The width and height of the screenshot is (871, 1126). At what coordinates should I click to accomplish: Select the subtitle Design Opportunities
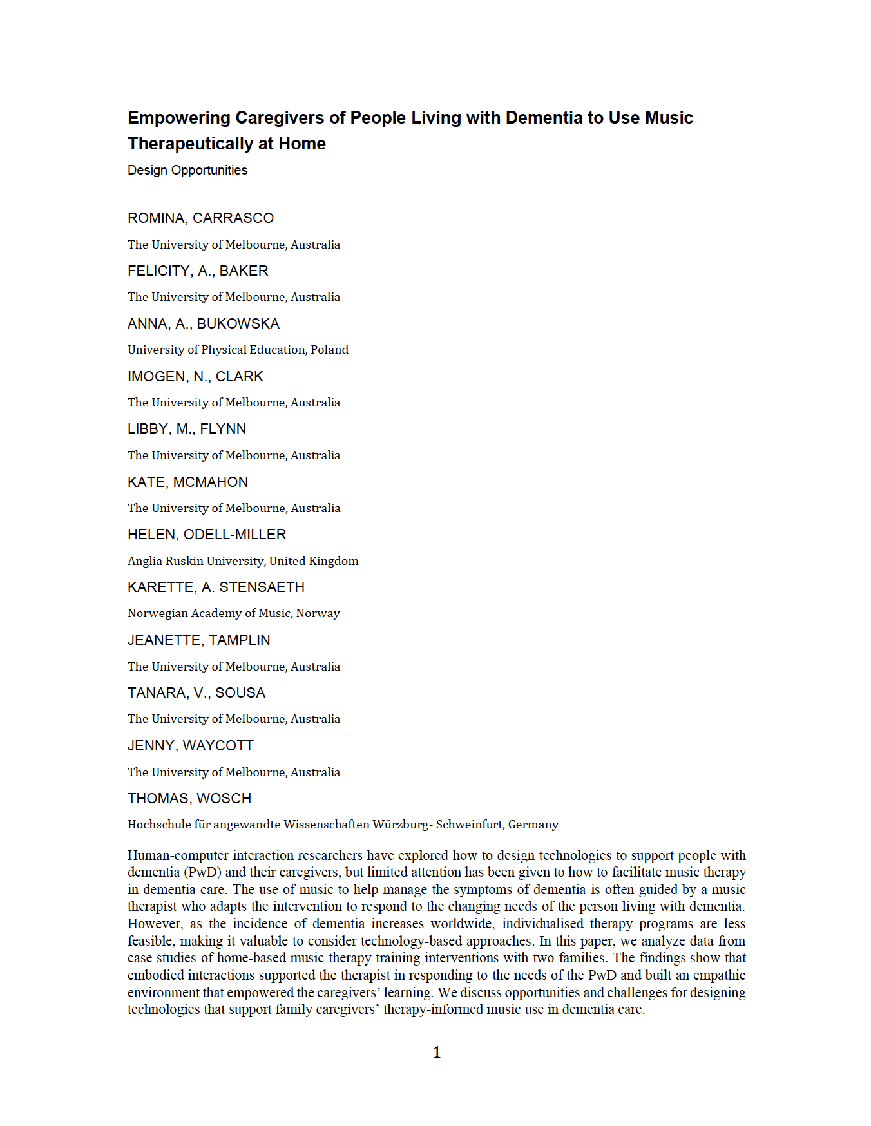click(187, 170)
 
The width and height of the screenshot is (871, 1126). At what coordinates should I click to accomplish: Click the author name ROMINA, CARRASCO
click(200, 218)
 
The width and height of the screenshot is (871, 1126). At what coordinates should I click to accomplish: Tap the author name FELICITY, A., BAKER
click(198, 271)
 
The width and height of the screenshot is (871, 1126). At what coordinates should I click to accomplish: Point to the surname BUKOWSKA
click(238, 324)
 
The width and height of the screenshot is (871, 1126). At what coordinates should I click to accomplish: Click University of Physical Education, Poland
click(238, 350)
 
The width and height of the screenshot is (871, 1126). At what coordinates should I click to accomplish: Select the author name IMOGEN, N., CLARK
click(195, 377)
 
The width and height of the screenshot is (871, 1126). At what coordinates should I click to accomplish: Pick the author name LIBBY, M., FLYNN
click(187, 429)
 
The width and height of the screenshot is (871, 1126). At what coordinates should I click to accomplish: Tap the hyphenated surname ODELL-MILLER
click(235, 535)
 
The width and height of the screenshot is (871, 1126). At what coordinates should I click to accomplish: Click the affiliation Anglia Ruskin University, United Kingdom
click(243, 561)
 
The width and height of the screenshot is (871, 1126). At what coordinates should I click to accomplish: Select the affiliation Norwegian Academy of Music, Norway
click(233, 613)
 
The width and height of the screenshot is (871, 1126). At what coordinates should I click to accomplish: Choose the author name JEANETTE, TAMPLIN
click(198, 640)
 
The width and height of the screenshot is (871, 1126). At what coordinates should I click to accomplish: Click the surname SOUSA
click(240, 693)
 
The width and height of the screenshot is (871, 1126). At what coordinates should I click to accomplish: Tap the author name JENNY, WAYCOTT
click(191, 746)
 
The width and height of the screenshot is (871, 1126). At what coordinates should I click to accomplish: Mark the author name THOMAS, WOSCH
click(189, 799)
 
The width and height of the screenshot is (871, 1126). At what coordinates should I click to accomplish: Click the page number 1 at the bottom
click(437, 1053)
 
